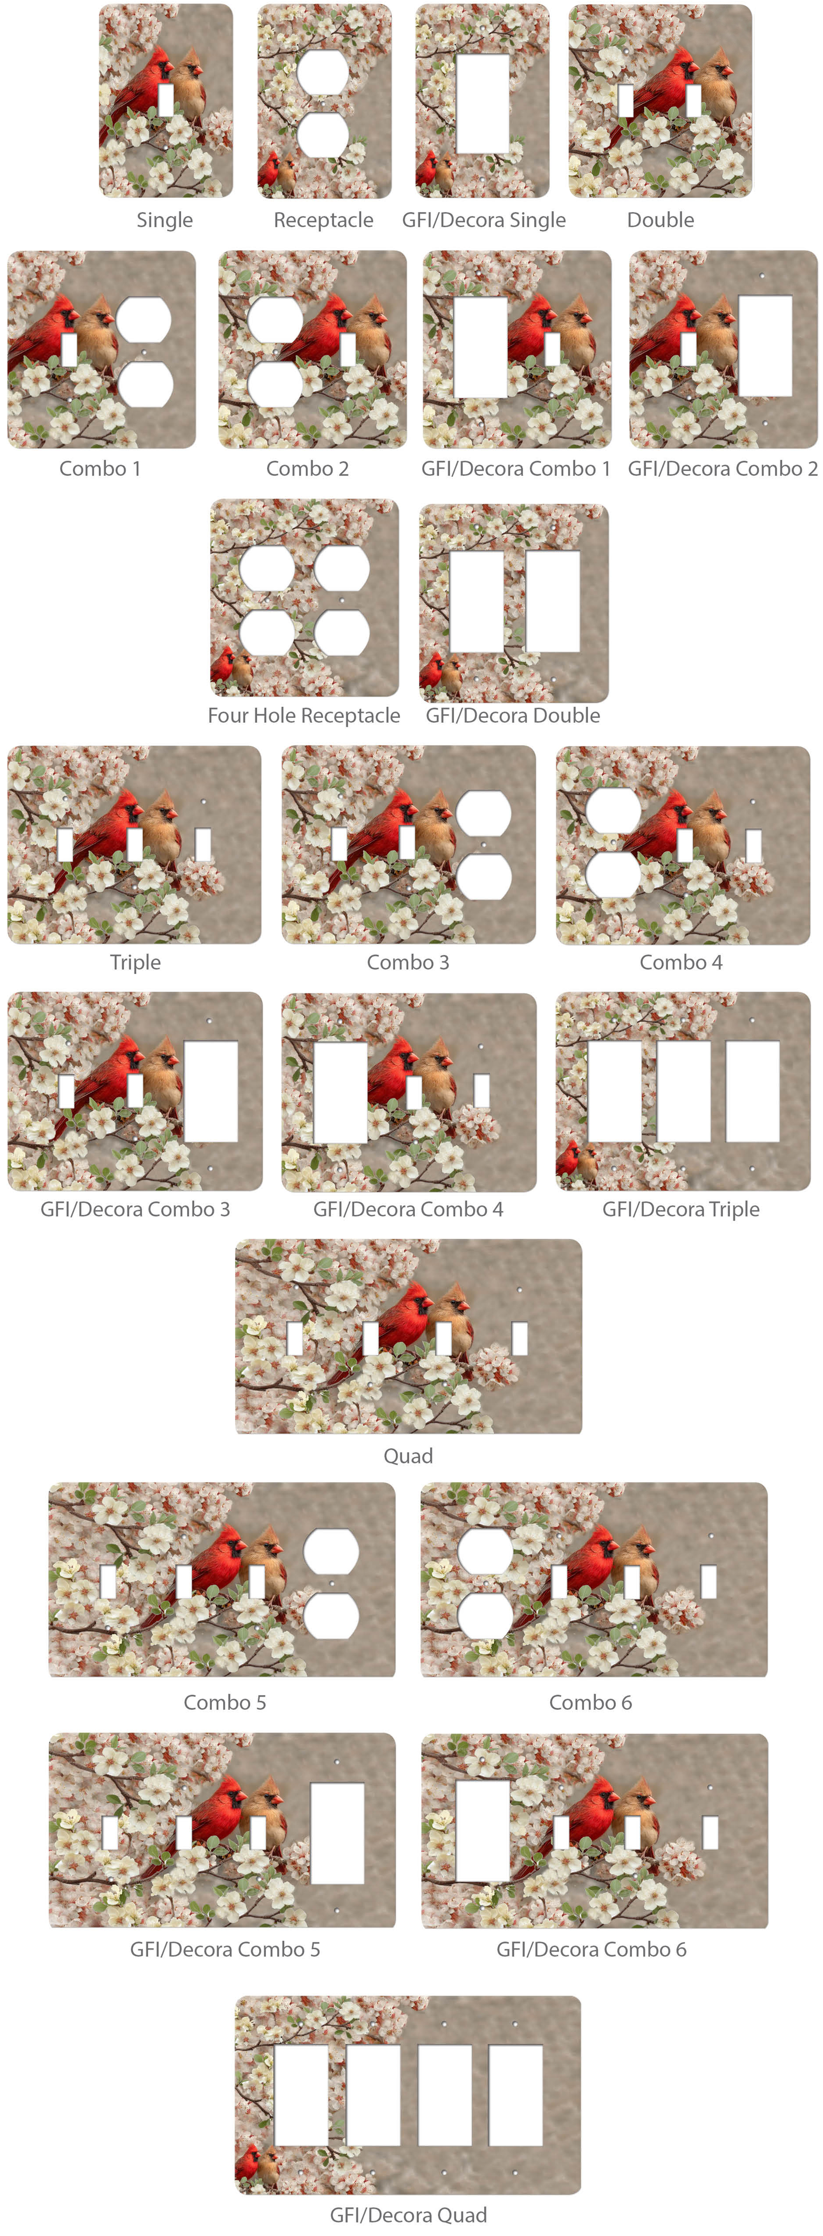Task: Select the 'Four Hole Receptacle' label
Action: (304, 715)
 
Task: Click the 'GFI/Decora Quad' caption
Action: (408, 2214)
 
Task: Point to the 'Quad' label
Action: (408, 1456)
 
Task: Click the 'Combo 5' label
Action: (225, 1702)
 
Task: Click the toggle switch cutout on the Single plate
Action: (166, 100)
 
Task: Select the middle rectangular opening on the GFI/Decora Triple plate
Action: (683, 1091)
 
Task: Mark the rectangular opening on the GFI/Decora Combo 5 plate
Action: (338, 1833)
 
